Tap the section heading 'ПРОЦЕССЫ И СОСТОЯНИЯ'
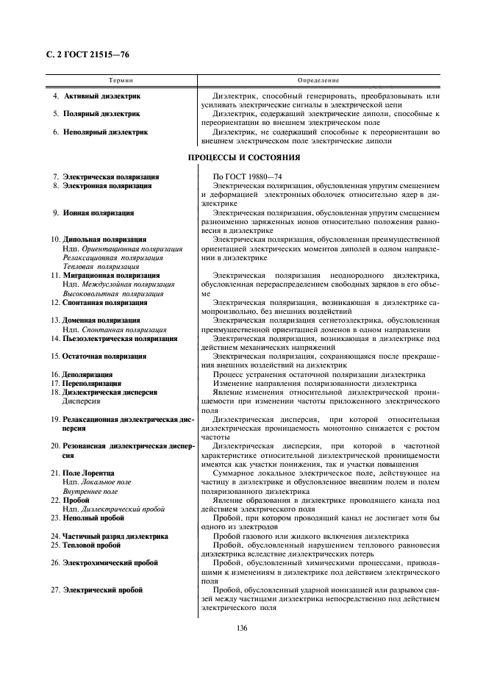pyautogui.click(x=243, y=157)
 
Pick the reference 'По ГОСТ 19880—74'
pyautogui.click(x=244, y=177)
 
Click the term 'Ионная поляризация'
pyautogui.click(x=98, y=212)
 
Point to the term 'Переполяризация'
pyautogui.click(x=92, y=383)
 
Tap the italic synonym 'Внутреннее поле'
pyautogui.click(x=91, y=491)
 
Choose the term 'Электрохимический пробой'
pyautogui.click(x=110, y=562)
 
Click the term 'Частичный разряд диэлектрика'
pyautogui.click(x=115, y=536)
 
